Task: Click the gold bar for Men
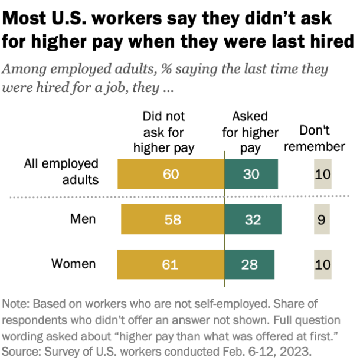pyautogui.click(x=172, y=219)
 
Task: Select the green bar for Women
pyautogui.click(x=249, y=264)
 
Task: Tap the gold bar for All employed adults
pyautogui.click(x=171, y=175)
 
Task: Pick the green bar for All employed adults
pyautogui.click(x=251, y=175)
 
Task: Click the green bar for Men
pyautogui.click(x=253, y=219)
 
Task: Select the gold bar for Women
pyautogui.click(x=171, y=264)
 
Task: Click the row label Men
pyautogui.click(x=83, y=219)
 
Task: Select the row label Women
pyautogui.click(x=73, y=264)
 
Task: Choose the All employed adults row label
pyautogui.click(x=61, y=171)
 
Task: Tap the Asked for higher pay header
pyautogui.click(x=250, y=132)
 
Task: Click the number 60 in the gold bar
pyautogui.click(x=171, y=175)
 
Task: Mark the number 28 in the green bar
pyautogui.click(x=249, y=264)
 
